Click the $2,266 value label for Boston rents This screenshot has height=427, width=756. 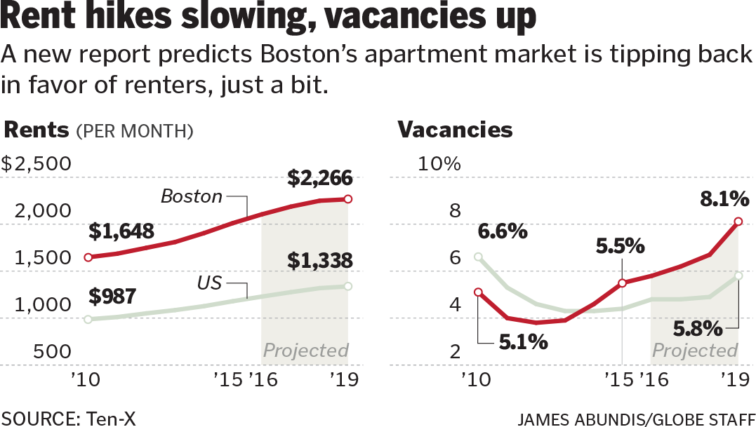click(x=319, y=178)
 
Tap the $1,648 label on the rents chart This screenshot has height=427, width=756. click(x=122, y=231)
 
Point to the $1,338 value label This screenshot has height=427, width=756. click(x=319, y=261)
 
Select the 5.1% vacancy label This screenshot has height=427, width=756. click(x=523, y=343)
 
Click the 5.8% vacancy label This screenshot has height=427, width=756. click(x=698, y=327)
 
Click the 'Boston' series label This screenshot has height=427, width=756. click(x=191, y=196)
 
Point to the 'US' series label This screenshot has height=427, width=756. click(x=209, y=283)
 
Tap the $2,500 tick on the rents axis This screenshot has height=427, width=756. click(x=37, y=164)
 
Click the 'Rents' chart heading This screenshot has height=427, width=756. click(x=37, y=130)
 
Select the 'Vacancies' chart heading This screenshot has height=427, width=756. click(x=455, y=130)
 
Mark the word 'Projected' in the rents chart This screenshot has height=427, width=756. click(x=305, y=350)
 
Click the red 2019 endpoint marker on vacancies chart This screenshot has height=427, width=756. click(x=738, y=222)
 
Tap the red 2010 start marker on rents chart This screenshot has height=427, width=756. click(x=88, y=257)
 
